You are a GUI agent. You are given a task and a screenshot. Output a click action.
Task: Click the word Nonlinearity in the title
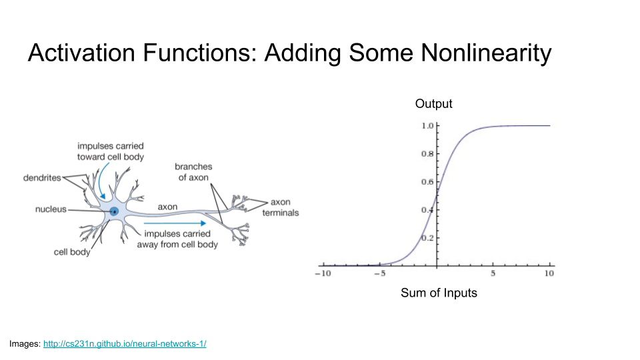pyautogui.click(x=486, y=53)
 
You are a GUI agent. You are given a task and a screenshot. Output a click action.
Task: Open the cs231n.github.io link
pyautogui.click(x=125, y=344)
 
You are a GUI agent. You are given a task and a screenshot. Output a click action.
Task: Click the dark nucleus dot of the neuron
pyautogui.click(x=115, y=212)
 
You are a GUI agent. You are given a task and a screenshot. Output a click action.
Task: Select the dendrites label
pyautogui.click(x=42, y=178)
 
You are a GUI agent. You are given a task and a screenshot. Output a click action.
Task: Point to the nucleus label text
pyautogui.click(x=51, y=209)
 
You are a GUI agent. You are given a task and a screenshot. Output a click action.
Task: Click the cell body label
pyautogui.click(x=72, y=252)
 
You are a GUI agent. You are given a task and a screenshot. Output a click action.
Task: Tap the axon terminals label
pyautogui.click(x=281, y=207)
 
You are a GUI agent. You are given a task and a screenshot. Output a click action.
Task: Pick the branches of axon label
pyautogui.click(x=193, y=172)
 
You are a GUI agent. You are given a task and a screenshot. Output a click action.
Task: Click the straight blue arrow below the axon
pyautogui.click(x=175, y=223)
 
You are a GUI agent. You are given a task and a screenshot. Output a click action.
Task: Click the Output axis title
pyautogui.click(x=433, y=104)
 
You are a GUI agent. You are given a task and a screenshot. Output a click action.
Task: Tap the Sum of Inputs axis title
pyautogui.click(x=439, y=293)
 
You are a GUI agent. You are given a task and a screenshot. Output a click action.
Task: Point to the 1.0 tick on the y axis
pyautogui.click(x=427, y=126)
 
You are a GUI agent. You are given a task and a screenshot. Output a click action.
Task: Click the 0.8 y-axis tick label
pyautogui.click(x=427, y=154)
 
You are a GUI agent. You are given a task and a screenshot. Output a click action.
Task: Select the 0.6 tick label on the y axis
pyautogui.click(x=427, y=182)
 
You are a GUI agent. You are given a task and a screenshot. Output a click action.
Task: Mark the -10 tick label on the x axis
pyautogui.click(x=323, y=273)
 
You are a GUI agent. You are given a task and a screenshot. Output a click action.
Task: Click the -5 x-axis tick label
pyautogui.click(x=379, y=273)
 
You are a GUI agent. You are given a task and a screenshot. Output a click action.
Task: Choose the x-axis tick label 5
pyautogui.click(x=493, y=273)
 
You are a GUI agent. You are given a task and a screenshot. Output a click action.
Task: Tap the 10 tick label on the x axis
pyautogui.click(x=549, y=273)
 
